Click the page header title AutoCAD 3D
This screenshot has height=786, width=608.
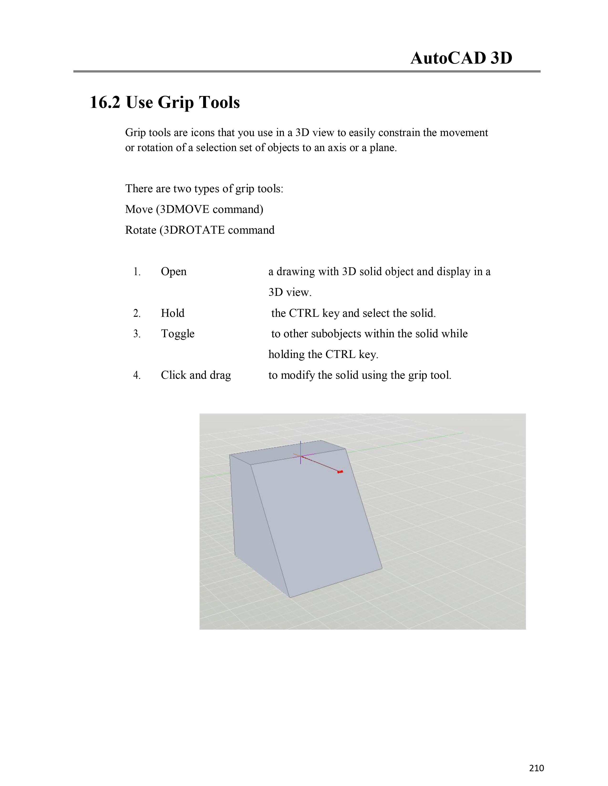(461, 58)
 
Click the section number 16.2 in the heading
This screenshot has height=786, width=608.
(104, 103)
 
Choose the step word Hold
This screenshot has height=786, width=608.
(173, 313)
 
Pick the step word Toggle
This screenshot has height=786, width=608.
(178, 334)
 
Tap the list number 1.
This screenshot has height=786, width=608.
(137, 272)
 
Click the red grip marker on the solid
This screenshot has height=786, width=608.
(340, 472)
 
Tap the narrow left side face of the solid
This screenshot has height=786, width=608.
(248, 522)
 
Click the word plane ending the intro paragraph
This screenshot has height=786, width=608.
(383, 148)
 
